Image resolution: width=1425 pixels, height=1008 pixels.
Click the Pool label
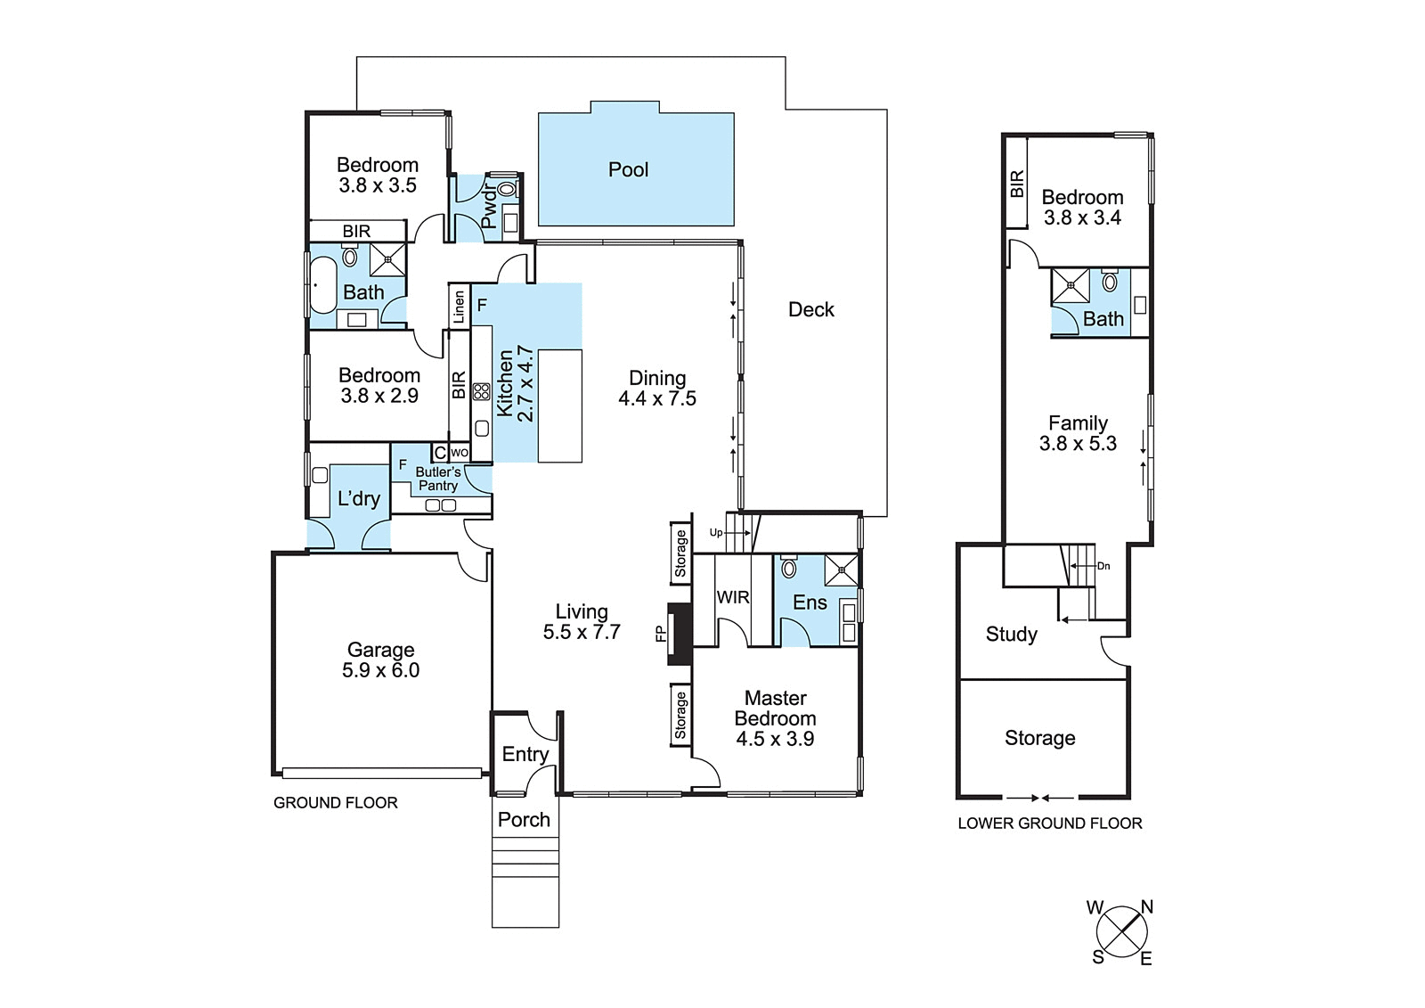tap(628, 170)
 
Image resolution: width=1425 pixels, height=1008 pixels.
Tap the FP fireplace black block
tap(680, 634)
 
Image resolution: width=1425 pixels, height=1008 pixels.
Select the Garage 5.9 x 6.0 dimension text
tap(380, 670)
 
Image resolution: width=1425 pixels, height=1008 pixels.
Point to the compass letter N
tap(1146, 906)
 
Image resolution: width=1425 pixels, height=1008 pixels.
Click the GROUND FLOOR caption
tap(335, 802)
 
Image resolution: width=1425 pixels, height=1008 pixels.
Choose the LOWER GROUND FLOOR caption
tap(1050, 824)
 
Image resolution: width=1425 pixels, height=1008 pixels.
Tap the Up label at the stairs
tap(716, 532)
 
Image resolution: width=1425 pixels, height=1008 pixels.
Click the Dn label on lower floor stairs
tap(1103, 565)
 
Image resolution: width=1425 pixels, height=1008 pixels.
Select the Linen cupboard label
tap(459, 307)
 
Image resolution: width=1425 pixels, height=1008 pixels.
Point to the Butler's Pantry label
tap(437, 479)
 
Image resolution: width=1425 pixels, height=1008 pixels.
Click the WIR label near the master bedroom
tap(733, 597)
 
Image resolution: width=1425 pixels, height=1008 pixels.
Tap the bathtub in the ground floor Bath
tap(322, 285)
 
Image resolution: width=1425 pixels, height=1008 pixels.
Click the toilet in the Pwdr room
tap(507, 189)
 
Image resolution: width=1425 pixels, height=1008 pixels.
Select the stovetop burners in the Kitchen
tap(481, 391)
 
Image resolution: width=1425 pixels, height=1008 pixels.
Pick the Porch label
tap(524, 820)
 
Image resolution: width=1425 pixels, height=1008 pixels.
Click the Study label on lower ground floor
tap(1012, 635)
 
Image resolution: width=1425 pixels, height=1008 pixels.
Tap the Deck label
tap(811, 309)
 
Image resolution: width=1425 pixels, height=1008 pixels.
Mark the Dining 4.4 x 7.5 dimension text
tap(657, 398)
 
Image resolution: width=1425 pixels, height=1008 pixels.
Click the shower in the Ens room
tap(841, 570)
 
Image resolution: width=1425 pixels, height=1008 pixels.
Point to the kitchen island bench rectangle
tap(560, 406)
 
